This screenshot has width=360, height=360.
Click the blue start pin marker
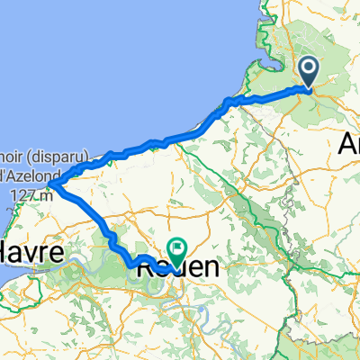click(x=309, y=71)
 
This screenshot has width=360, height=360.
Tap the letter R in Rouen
click(x=144, y=267)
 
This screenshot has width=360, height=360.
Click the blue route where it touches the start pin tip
click(x=309, y=89)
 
